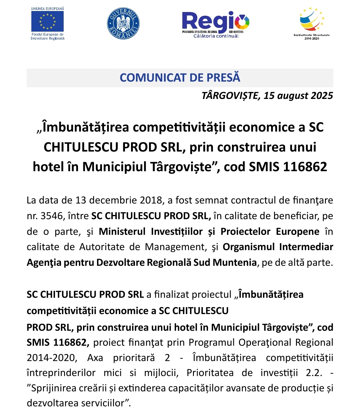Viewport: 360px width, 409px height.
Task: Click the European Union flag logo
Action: pos(47,21)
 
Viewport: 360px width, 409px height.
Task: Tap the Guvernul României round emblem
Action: pos(123,24)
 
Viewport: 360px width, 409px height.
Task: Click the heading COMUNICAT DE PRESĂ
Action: pos(180,78)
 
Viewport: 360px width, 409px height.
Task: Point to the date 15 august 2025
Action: pos(298,96)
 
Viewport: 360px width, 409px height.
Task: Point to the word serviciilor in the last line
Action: pos(102,403)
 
